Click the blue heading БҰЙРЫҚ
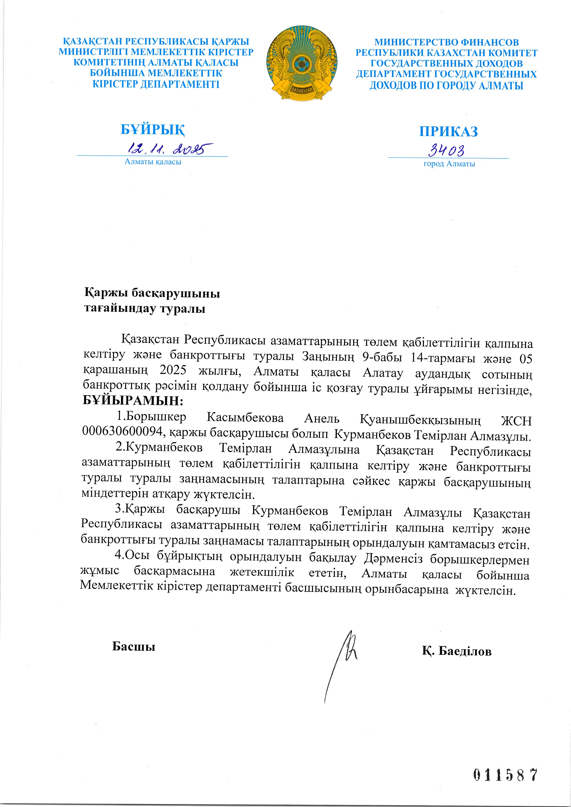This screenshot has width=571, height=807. [x=153, y=130]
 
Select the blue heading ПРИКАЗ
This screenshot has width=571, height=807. [x=448, y=131]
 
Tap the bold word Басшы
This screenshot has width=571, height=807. [x=134, y=646]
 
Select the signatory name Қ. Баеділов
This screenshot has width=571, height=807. [x=457, y=651]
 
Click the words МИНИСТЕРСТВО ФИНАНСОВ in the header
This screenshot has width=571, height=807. [x=446, y=43]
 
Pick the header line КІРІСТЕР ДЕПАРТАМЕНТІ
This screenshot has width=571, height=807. [x=155, y=84]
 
